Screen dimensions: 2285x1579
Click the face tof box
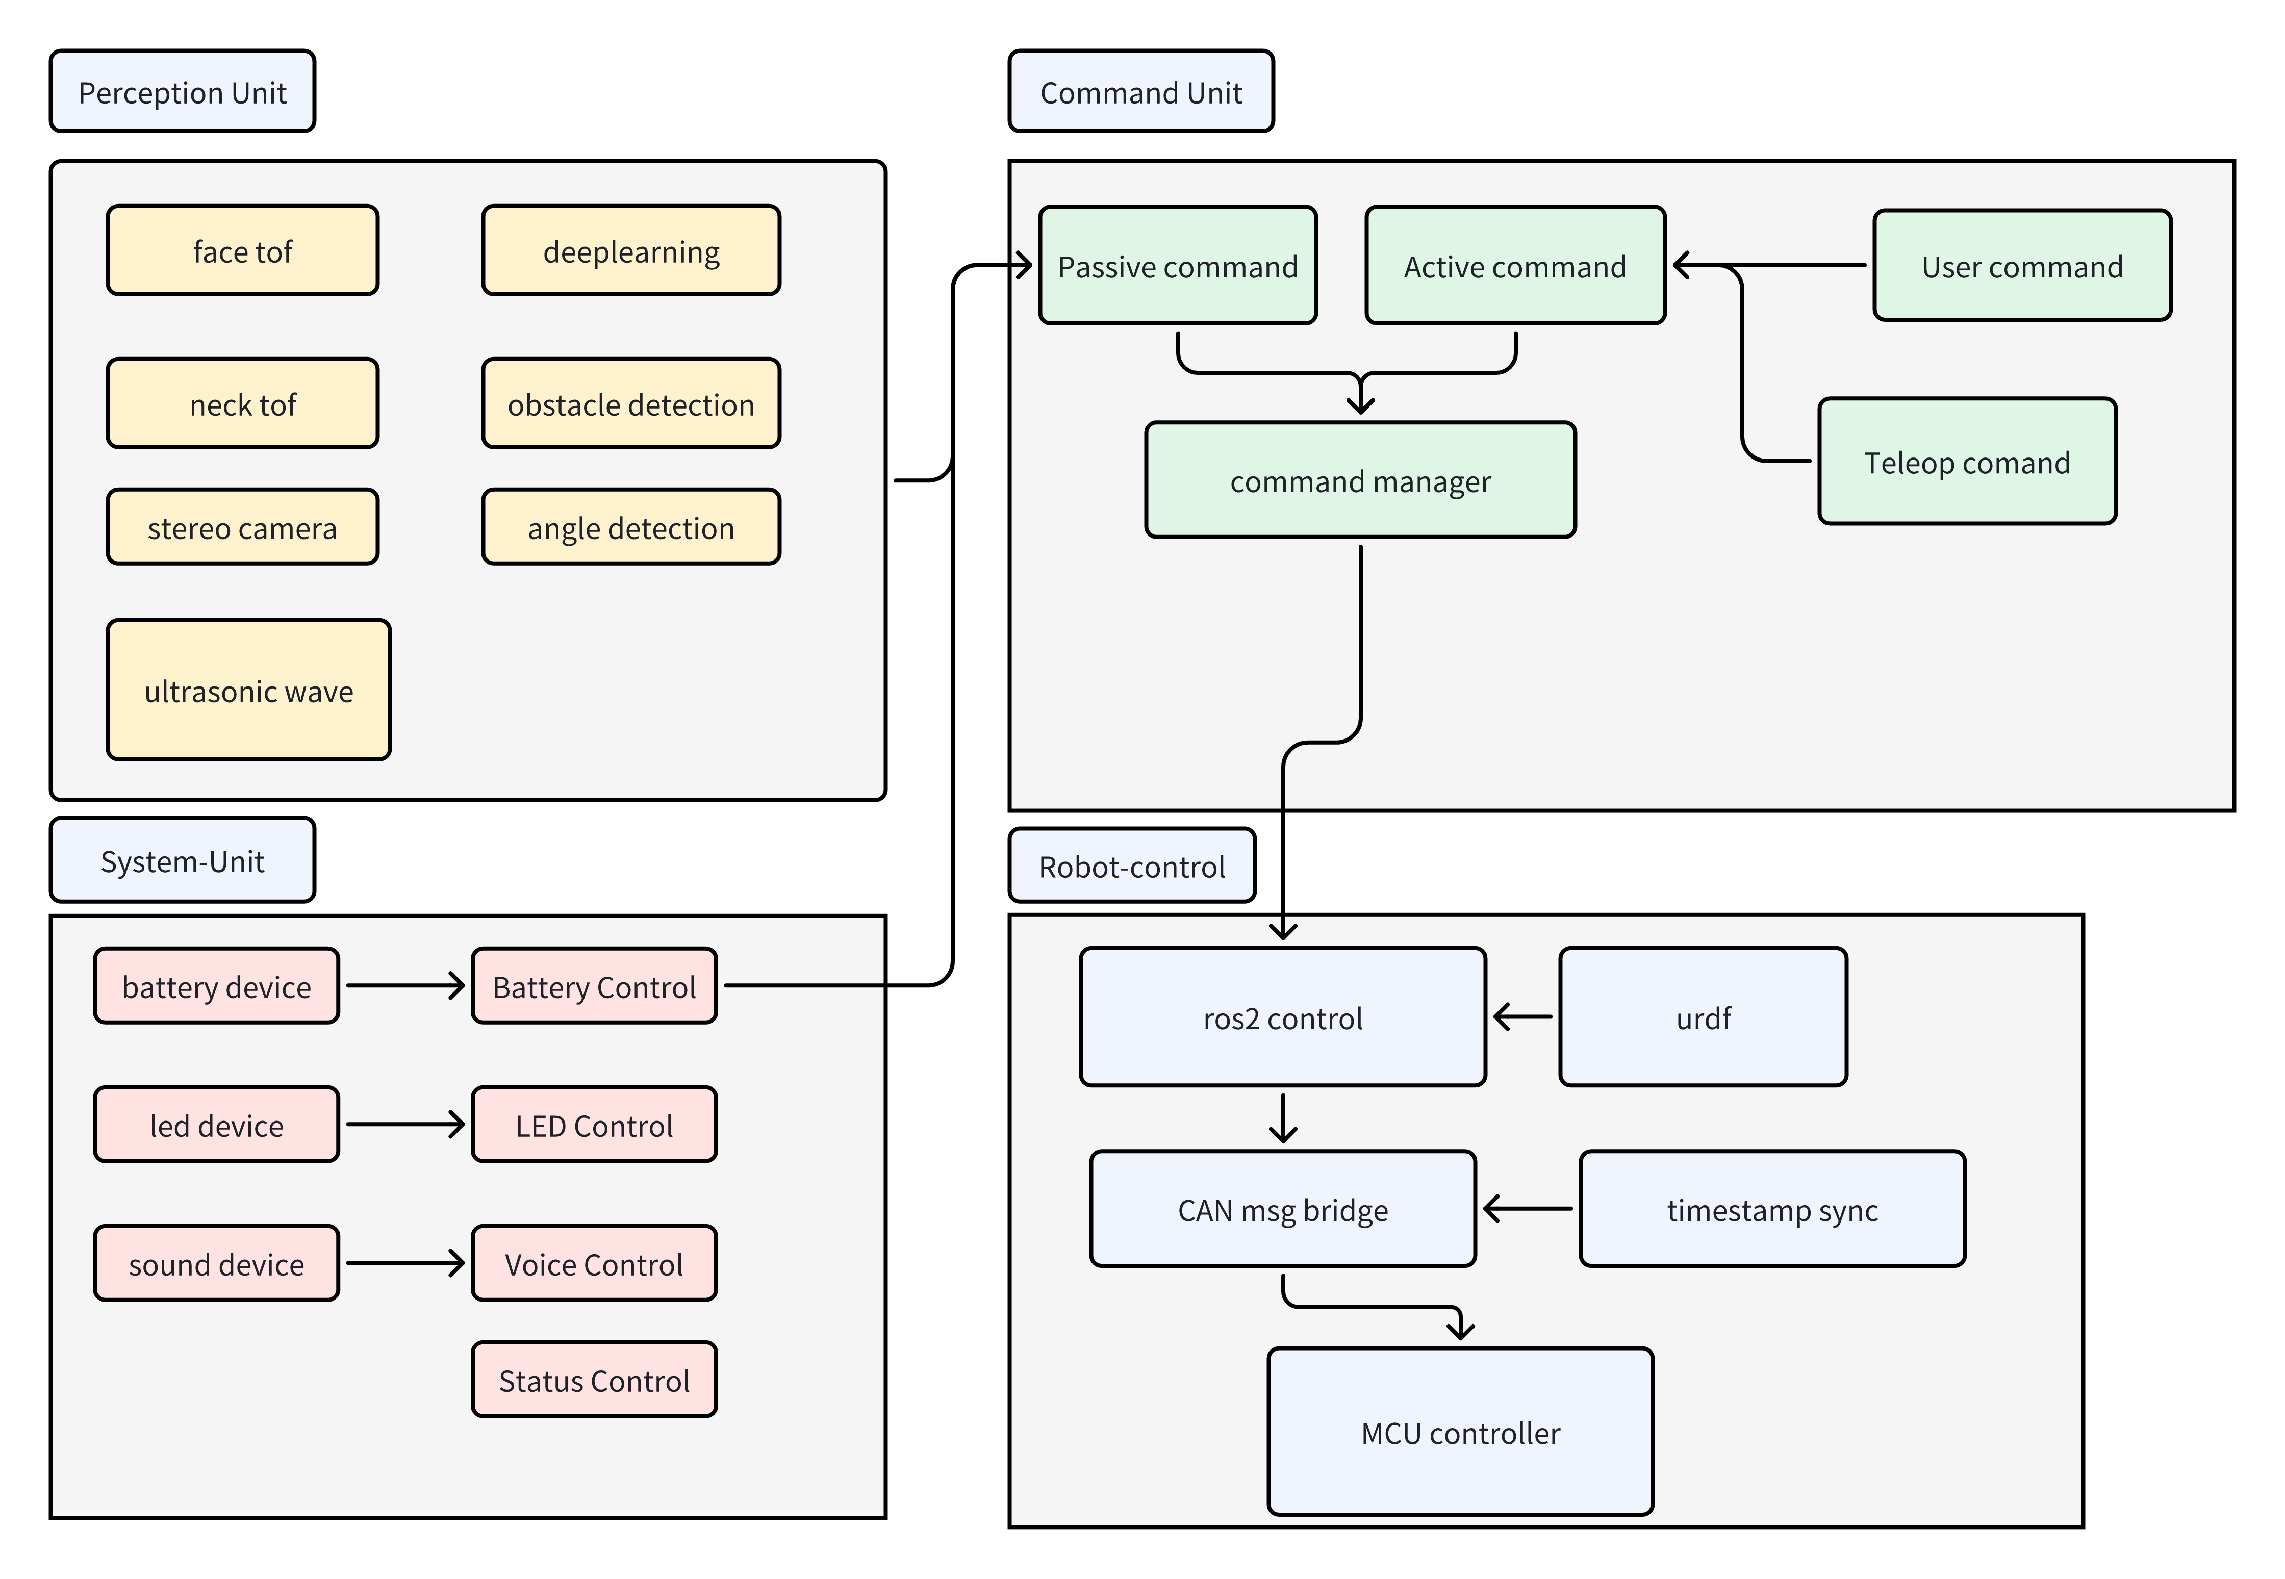point(242,250)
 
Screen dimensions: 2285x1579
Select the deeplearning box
point(631,250)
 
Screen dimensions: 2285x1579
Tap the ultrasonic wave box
point(248,690)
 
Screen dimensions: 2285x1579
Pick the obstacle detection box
point(631,403)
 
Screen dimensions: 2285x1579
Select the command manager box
point(1360,480)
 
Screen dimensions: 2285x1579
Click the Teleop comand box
point(1967,461)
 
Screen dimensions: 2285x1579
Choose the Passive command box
point(1177,265)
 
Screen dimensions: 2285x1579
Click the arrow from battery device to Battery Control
point(405,985)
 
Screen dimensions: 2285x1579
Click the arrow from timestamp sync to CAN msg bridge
point(1527,1208)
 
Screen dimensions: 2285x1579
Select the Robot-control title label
point(1132,865)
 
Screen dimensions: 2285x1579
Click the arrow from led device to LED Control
point(405,1124)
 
